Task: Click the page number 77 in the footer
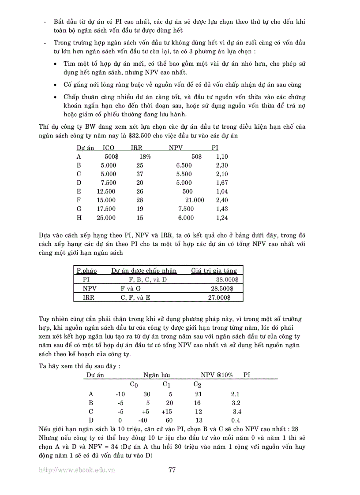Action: click(172, 470)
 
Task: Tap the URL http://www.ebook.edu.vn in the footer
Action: click(77, 470)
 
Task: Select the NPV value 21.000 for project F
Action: click(194, 200)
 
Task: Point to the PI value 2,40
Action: click(222, 200)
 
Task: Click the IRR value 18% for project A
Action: click(145, 156)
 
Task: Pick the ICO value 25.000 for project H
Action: click(106, 217)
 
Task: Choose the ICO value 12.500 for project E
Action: click(106, 191)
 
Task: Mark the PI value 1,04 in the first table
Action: click(222, 191)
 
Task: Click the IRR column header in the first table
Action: click(137, 148)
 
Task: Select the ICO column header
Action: click(109, 148)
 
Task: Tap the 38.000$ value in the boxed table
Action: click(227, 279)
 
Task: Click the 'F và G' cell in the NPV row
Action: click(131, 288)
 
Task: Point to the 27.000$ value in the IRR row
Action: click(219, 298)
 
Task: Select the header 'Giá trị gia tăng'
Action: click(214, 271)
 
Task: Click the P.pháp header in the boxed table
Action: click(86, 271)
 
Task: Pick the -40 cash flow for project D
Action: click(142, 420)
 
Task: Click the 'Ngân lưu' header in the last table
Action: click(157, 375)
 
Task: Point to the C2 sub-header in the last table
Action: click(198, 384)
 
